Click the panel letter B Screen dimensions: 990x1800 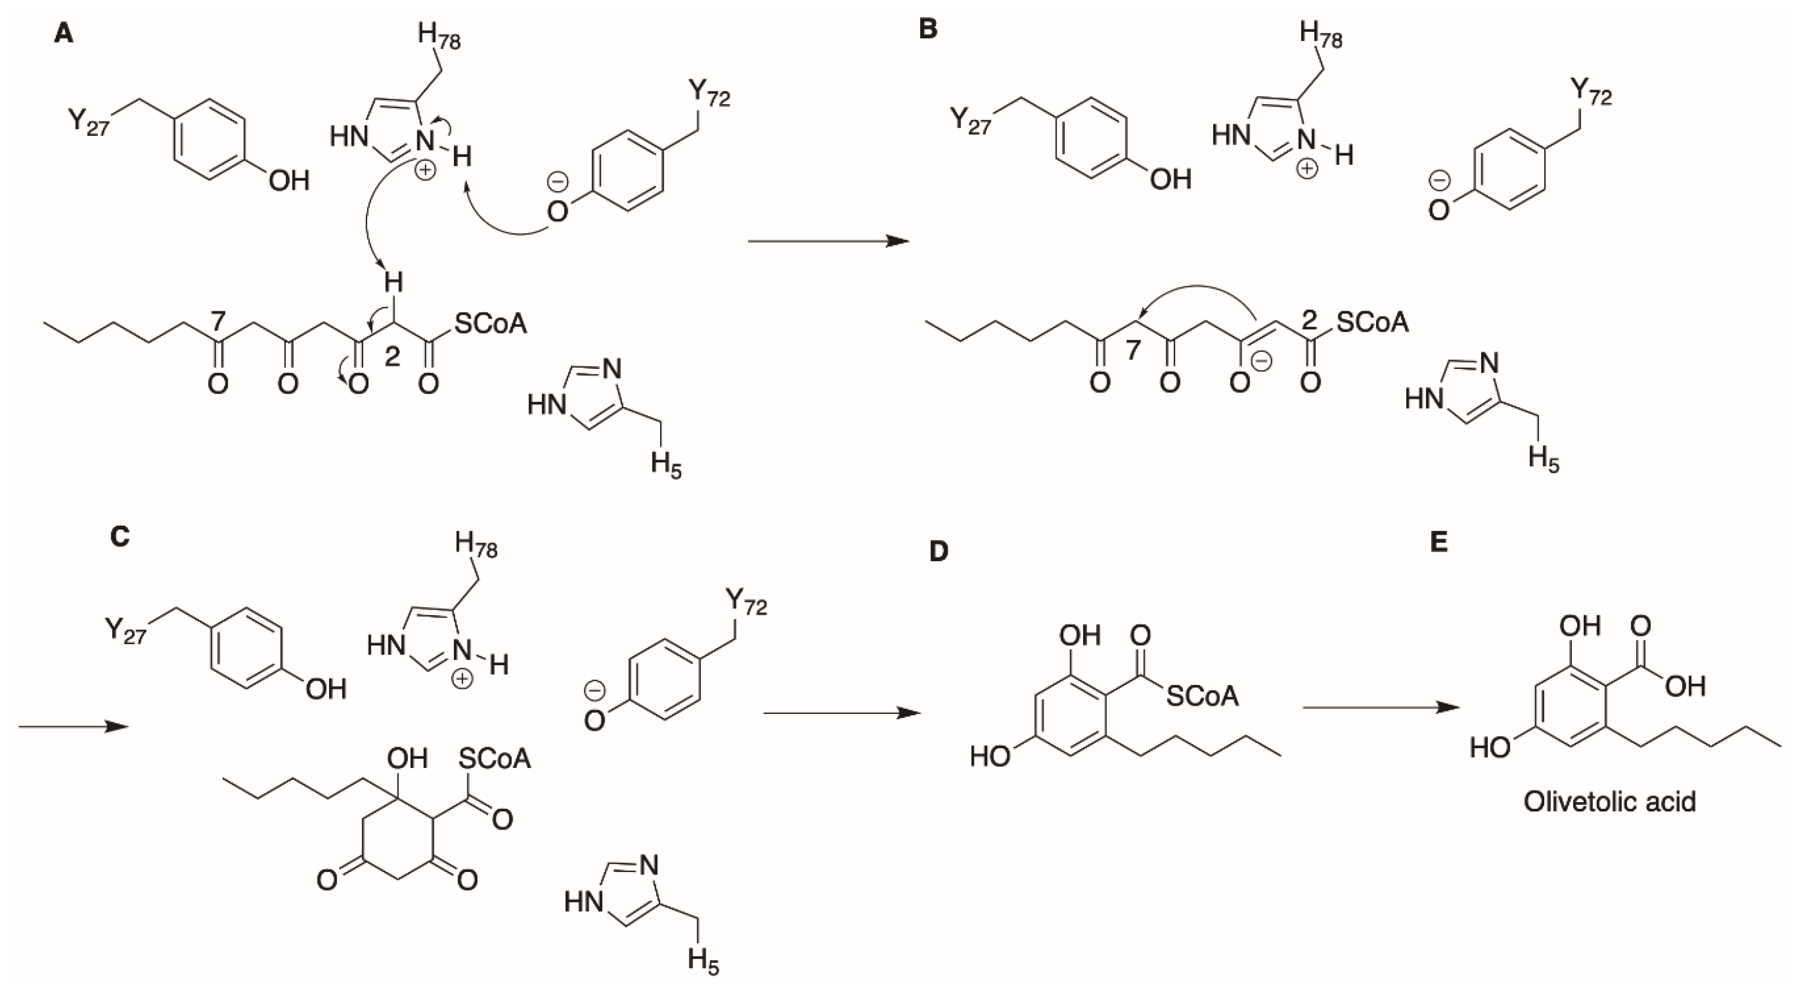pos(927,30)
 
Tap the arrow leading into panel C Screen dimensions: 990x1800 pos(73,726)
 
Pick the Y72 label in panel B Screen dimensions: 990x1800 pos(1591,93)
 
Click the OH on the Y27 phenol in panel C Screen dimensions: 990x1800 pos(326,689)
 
